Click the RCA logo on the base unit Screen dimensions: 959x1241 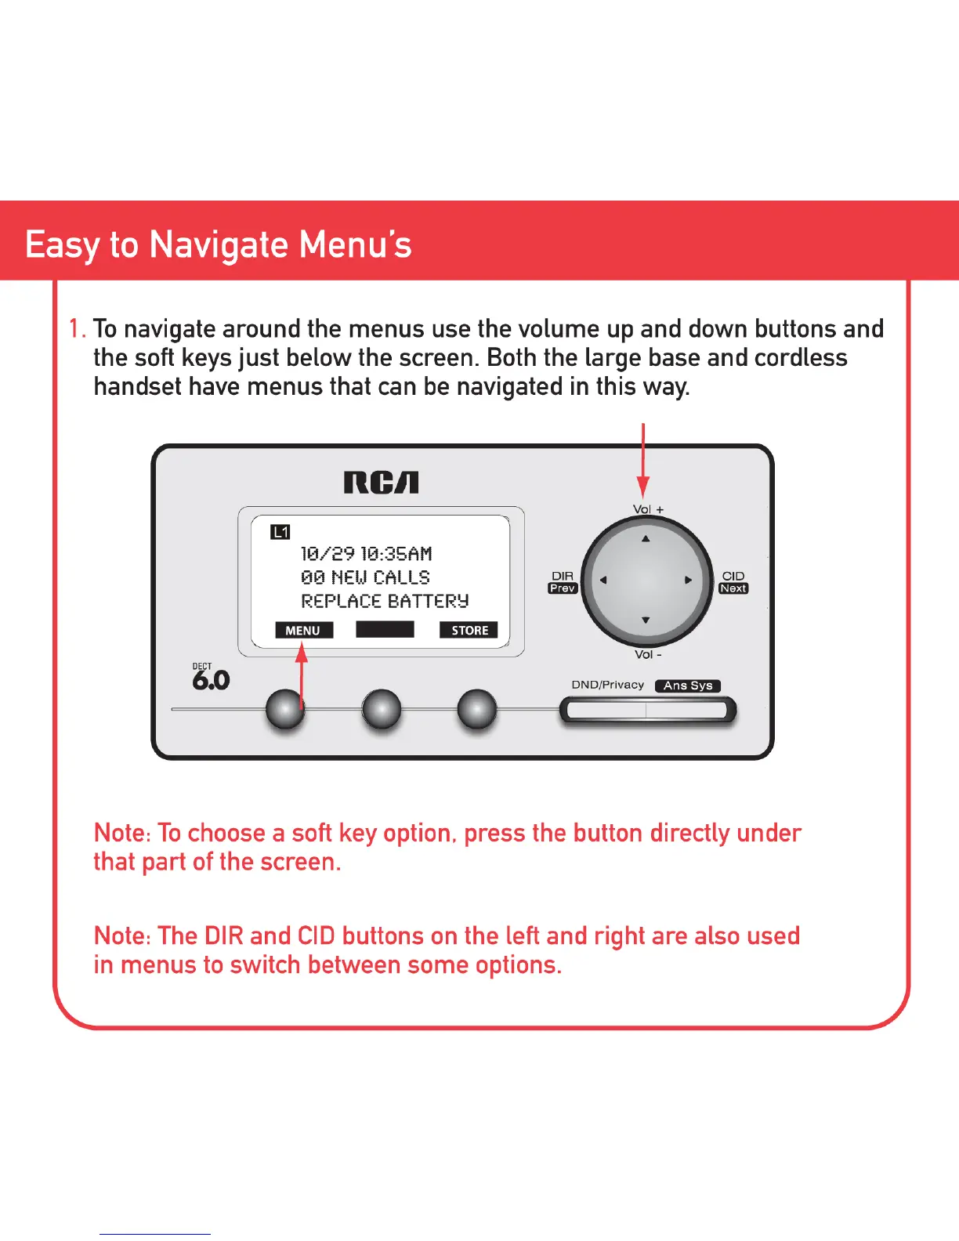(x=381, y=483)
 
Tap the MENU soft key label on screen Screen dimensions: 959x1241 (x=303, y=630)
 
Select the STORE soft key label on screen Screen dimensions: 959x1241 (x=469, y=630)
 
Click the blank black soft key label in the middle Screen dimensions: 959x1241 (x=385, y=629)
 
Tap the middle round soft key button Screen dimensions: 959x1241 (x=382, y=709)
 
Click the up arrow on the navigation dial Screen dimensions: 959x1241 (x=646, y=539)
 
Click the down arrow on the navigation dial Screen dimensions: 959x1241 (x=646, y=620)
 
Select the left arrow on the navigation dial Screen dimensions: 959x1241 (x=603, y=581)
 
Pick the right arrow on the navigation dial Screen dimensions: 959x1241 (x=688, y=581)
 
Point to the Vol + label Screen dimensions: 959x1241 (x=648, y=509)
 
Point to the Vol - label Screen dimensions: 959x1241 (x=648, y=654)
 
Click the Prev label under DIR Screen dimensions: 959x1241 (x=563, y=588)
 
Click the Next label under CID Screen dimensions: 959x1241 (x=733, y=588)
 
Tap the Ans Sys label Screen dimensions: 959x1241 (x=688, y=686)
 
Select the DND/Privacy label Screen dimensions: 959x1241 (x=607, y=685)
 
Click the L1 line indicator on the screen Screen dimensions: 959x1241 (x=280, y=532)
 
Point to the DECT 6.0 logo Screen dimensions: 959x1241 (x=210, y=677)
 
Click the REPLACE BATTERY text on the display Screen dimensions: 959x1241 (x=385, y=601)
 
